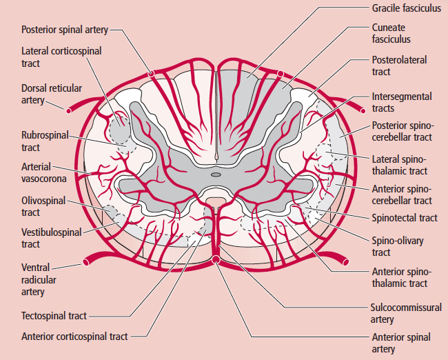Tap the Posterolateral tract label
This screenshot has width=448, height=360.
[x=400, y=66]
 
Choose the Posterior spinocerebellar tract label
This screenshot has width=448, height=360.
[x=402, y=131]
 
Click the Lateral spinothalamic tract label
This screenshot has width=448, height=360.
[x=399, y=165]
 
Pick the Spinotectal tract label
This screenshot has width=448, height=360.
[x=405, y=218]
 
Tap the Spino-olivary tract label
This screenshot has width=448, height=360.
[x=397, y=246]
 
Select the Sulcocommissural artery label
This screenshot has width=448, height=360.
[x=406, y=313]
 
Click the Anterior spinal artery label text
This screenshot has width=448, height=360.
[x=401, y=343]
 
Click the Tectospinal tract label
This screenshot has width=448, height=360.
[x=54, y=316]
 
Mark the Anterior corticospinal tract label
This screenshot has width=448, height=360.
[x=74, y=337]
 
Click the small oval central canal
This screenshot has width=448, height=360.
[x=216, y=175]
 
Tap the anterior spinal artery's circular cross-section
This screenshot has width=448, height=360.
[x=216, y=260]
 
